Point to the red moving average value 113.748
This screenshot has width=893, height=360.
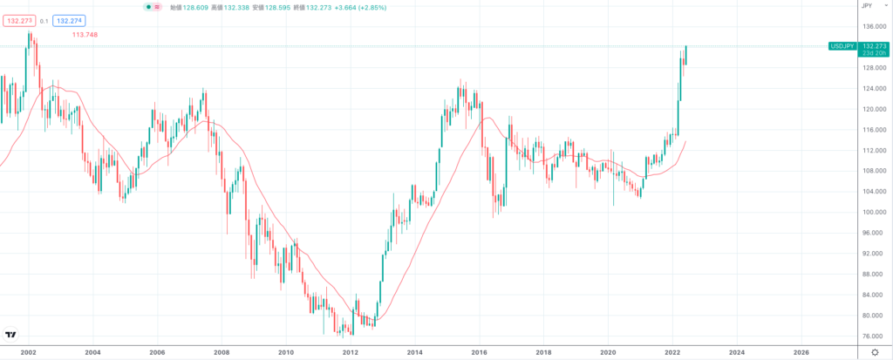(85, 35)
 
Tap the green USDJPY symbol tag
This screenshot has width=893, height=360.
(842, 45)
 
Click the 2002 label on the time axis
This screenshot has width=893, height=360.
(28, 352)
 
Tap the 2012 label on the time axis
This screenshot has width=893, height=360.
(351, 352)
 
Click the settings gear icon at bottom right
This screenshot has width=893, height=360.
(875, 352)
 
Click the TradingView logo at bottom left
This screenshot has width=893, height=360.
(10, 335)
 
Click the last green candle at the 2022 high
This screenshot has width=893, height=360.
(686, 55)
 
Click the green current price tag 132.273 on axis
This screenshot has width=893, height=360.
(874, 45)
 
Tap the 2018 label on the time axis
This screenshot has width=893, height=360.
(543, 352)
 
